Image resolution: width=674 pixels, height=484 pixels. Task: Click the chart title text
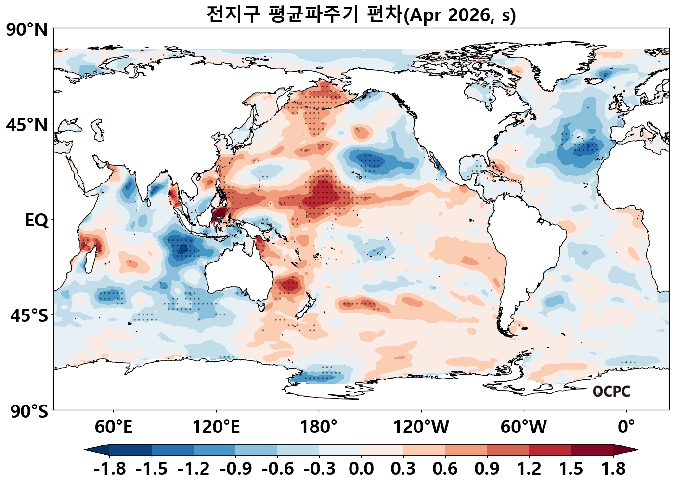[361, 14]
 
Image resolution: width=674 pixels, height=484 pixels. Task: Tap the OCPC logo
[611, 392]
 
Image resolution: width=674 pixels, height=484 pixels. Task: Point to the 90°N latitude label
[27, 30]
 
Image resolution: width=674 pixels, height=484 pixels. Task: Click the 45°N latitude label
[27, 125]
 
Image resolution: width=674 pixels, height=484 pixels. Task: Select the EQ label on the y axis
[37, 221]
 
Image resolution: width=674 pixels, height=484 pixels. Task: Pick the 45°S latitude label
[29, 316]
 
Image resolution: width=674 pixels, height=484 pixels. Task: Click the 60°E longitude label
[113, 427]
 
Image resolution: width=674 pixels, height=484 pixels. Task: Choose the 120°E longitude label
[216, 427]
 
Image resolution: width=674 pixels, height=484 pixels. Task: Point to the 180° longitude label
[319, 427]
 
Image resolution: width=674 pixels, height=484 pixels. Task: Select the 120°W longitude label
[421, 427]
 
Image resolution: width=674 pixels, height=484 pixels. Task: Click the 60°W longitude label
[524, 427]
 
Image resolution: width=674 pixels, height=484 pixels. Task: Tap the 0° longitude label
[626, 427]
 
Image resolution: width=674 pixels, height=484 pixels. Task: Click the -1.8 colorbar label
[110, 469]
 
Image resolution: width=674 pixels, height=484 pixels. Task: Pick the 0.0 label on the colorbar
[361, 469]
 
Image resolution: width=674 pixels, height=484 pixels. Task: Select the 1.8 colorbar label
[613, 469]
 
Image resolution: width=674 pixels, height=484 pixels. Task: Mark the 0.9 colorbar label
[487, 469]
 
